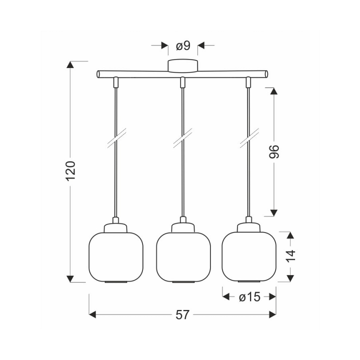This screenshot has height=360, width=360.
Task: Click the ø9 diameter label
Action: point(183,45)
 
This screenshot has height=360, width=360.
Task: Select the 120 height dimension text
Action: point(70,171)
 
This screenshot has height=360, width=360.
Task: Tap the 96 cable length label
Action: point(273,151)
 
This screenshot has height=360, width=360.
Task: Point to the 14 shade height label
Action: point(290,256)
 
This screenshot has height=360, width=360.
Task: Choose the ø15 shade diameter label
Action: point(249,297)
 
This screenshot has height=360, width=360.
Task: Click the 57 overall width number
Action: point(182,315)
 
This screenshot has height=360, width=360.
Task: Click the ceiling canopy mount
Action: point(183,66)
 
